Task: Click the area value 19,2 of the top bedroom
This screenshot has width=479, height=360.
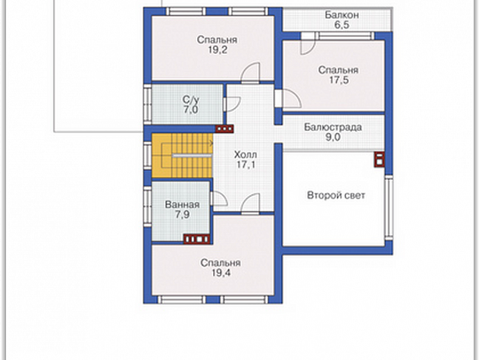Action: click(x=218, y=50)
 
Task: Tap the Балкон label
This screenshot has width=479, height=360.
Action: click(x=341, y=15)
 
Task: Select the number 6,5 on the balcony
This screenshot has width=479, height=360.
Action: click(x=341, y=25)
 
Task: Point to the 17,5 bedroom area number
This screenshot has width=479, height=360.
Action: click(x=338, y=80)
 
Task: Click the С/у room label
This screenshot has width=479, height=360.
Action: click(x=191, y=99)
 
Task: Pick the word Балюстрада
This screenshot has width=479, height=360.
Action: click(x=332, y=127)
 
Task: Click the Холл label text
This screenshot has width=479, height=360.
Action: click(x=246, y=154)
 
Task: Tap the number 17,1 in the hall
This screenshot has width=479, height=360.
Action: click(x=246, y=165)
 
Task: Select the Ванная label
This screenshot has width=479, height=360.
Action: click(x=182, y=205)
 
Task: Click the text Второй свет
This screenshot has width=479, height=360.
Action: click(x=336, y=195)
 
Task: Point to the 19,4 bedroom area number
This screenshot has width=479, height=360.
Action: click(x=221, y=273)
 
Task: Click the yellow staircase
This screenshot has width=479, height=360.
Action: click(x=182, y=155)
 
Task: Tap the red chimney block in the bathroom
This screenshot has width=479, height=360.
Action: click(x=196, y=238)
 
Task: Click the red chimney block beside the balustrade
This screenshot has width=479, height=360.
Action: click(x=379, y=160)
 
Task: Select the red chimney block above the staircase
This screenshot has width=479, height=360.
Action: click(x=224, y=129)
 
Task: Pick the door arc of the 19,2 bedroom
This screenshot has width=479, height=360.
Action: click(x=251, y=72)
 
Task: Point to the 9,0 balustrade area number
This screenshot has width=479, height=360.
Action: click(x=333, y=138)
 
